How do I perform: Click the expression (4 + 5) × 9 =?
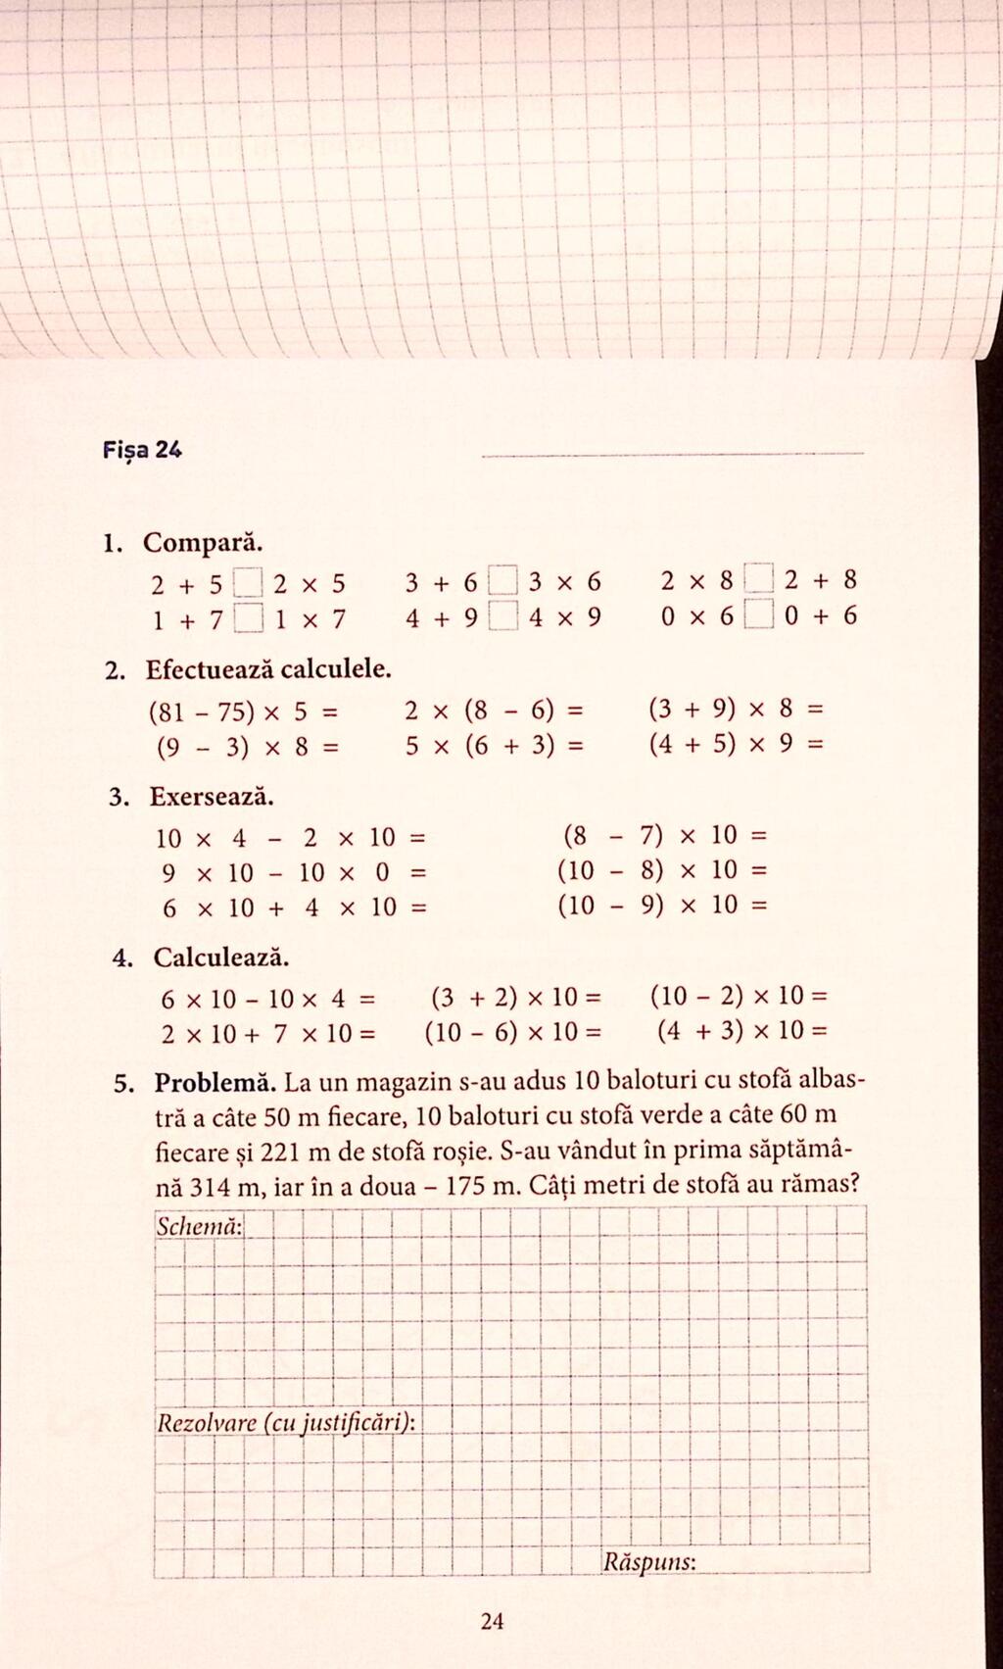coord(736,745)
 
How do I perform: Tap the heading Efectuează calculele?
coord(268,670)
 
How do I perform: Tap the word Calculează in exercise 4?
coord(221,957)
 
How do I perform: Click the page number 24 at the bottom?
coord(493,1621)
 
